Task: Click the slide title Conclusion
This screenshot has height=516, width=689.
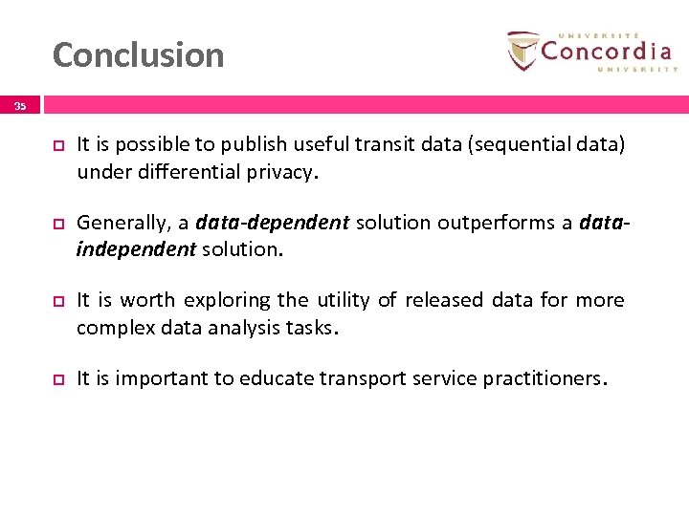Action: coord(138,55)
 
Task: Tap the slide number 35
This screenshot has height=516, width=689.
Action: coord(20,107)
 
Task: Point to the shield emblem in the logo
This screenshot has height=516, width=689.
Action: coord(523,51)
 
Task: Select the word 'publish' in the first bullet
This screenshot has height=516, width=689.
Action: coord(249,144)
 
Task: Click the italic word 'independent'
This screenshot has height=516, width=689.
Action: coord(136,249)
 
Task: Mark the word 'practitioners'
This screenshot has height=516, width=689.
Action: coord(544,378)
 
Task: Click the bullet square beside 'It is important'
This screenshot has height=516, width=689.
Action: coord(56,379)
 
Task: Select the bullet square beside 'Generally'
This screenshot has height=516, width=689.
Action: coord(56,224)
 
